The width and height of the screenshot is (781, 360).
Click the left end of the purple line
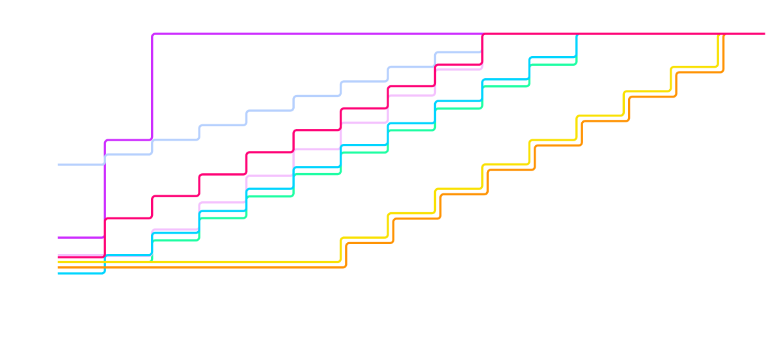59,238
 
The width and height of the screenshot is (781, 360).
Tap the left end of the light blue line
59,165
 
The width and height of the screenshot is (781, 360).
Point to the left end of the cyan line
59,273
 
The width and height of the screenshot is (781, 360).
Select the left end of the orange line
59,268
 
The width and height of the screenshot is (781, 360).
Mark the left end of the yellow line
59,262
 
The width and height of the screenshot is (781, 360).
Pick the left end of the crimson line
59,257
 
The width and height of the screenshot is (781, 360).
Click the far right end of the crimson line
764,33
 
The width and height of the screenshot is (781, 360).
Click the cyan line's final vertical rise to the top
577,46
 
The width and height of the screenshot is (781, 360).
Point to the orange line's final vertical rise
724,53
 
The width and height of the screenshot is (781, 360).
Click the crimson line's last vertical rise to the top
482,49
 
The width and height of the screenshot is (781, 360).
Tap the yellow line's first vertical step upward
341,251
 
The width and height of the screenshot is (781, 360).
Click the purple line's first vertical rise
105,189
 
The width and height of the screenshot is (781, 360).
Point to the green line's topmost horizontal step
553,64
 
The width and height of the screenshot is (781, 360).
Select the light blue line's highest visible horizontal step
458,52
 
